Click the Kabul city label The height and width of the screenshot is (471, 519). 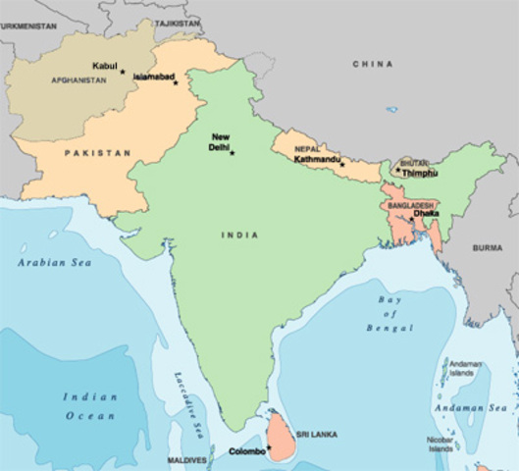104,66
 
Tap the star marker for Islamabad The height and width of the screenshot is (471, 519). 176,82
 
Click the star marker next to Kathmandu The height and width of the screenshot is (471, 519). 341,151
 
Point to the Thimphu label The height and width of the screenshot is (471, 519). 419,173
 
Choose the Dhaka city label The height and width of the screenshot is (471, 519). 426,213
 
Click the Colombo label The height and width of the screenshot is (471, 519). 245,452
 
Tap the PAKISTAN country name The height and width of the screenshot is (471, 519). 97,154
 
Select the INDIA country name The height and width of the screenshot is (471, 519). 240,235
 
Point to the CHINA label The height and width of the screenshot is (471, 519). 373,64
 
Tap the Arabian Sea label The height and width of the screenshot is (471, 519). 47,264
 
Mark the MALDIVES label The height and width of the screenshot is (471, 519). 185,459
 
